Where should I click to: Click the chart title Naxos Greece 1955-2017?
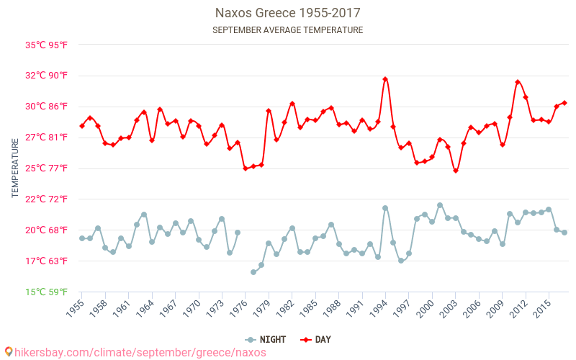288,13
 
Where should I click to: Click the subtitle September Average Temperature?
288,30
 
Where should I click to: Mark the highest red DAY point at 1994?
385,79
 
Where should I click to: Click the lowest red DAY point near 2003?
456,171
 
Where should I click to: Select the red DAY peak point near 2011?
518,82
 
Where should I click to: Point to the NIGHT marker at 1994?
385,208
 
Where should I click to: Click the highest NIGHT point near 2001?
440,205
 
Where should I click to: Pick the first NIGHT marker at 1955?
82,238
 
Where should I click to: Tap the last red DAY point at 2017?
564,103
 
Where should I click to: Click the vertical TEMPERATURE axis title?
15,168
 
